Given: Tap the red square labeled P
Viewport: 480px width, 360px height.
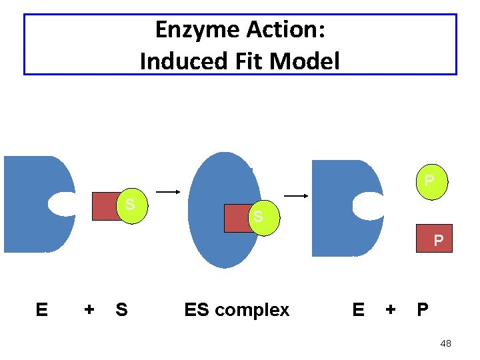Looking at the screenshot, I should click(x=435, y=239).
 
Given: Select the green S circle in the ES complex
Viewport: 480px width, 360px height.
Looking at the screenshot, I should click(x=258, y=218).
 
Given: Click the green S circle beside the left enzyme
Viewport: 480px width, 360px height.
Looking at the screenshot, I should click(x=132, y=203).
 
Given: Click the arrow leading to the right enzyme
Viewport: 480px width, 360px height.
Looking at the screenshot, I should click(x=296, y=196).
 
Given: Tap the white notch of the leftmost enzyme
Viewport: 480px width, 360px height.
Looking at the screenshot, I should click(x=61, y=204).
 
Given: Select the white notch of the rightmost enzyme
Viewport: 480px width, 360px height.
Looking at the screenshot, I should click(x=368, y=206).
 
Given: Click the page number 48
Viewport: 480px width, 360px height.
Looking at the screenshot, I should click(x=445, y=343).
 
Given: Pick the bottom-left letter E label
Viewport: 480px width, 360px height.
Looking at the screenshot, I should click(x=41, y=310).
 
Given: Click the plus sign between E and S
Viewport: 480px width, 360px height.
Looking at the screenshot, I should click(x=89, y=310).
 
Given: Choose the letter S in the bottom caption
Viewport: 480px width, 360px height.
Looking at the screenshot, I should click(x=121, y=310).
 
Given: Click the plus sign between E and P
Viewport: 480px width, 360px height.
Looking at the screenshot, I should click(x=391, y=310).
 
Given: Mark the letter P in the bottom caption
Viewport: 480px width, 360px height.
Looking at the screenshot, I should click(x=423, y=310).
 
